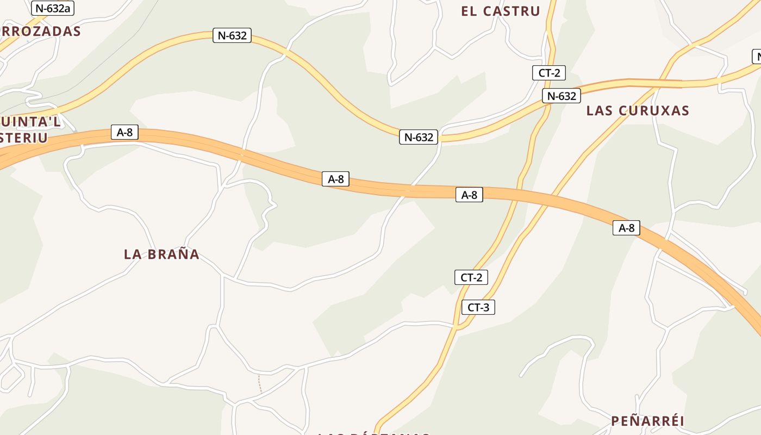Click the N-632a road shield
[x=53, y=8]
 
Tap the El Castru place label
[x=500, y=11]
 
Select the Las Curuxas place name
[x=638, y=110]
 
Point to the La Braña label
[x=161, y=254]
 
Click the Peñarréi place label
[x=647, y=421]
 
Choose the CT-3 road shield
[x=478, y=307]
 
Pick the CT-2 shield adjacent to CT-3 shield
[x=471, y=277]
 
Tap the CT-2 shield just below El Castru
[x=549, y=73]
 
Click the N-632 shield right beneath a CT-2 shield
[x=561, y=96]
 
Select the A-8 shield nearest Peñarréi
[x=626, y=228]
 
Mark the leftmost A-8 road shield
[x=124, y=132]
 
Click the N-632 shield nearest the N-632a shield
[x=232, y=36]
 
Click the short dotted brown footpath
[x=259, y=383]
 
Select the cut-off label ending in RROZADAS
[x=40, y=31]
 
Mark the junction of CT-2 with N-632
[x=548, y=103]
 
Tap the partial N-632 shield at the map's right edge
[x=756, y=57]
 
